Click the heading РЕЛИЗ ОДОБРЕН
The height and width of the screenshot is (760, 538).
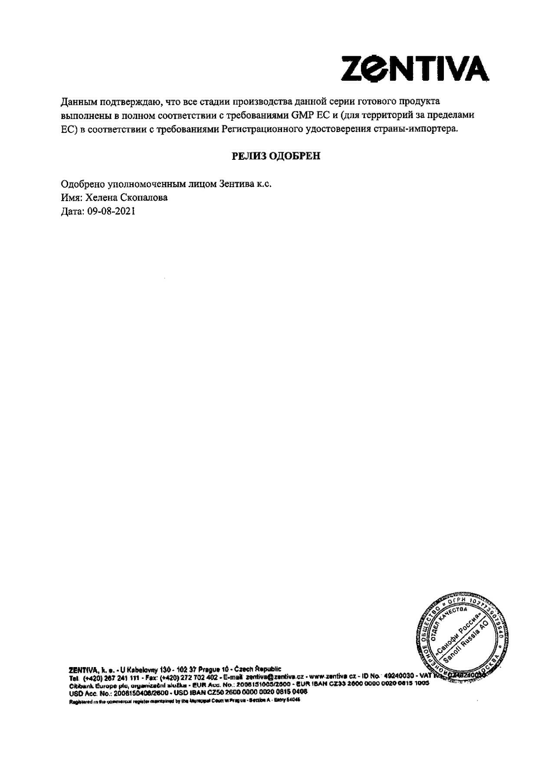coord(276,156)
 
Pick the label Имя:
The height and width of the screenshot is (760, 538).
coord(71,198)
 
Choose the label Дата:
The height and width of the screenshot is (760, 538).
coord(72,211)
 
